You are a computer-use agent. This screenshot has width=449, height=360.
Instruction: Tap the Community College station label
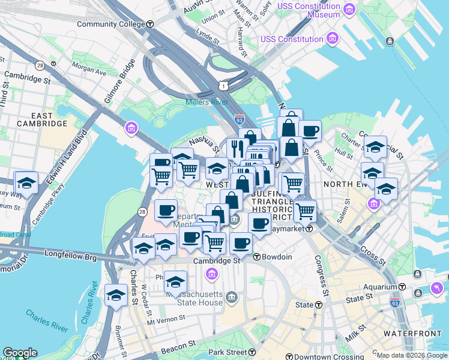click(111, 24)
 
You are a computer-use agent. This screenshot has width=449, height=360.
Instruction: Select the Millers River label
click(206, 102)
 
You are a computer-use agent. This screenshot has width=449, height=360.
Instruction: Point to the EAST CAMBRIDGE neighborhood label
click(41, 119)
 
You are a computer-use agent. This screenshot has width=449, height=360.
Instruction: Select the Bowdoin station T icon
click(256, 257)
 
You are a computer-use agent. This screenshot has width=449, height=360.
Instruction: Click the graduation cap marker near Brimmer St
click(116, 294)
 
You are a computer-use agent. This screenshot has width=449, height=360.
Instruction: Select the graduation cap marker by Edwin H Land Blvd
click(26, 182)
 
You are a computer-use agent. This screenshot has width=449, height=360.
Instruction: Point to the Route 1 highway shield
click(223, 86)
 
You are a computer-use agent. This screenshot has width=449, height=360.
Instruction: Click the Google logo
click(20, 353)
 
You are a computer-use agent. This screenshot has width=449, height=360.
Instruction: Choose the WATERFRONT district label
click(405, 333)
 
